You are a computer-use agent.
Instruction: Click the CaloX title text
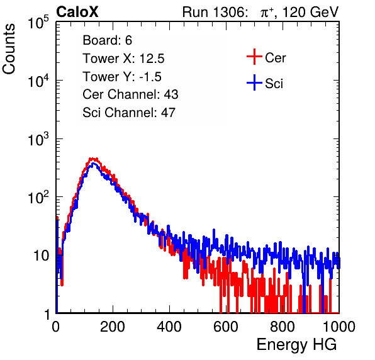pyautogui.click(x=77, y=12)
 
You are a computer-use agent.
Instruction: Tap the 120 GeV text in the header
pyautogui.click(x=310, y=12)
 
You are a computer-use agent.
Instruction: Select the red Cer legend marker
pyautogui.click(x=254, y=57)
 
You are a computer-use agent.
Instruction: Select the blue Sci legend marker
pyautogui.click(x=254, y=82)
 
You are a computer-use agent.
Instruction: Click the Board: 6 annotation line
pyautogui.click(x=107, y=40)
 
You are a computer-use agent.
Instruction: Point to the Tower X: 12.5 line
pyautogui.click(x=123, y=59)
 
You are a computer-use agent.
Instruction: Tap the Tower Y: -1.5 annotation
pyautogui.click(x=122, y=77)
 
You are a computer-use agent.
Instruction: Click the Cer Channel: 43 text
pyautogui.click(x=130, y=94)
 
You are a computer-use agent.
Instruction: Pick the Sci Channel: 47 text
pyautogui.click(x=129, y=113)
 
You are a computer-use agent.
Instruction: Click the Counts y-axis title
pyautogui.click(x=9, y=49)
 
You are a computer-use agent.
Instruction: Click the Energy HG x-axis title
pyautogui.click(x=296, y=344)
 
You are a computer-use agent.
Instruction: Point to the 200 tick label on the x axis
pyautogui.click(x=113, y=327)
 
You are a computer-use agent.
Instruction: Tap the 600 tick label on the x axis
pyautogui.click(x=226, y=327)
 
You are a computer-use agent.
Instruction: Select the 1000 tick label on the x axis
pyautogui.click(x=339, y=327)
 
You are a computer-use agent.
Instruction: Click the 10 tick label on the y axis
pyautogui.click(x=42, y=256)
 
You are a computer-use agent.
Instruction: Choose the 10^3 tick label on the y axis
pyautogui.click(x=38, y=139)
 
